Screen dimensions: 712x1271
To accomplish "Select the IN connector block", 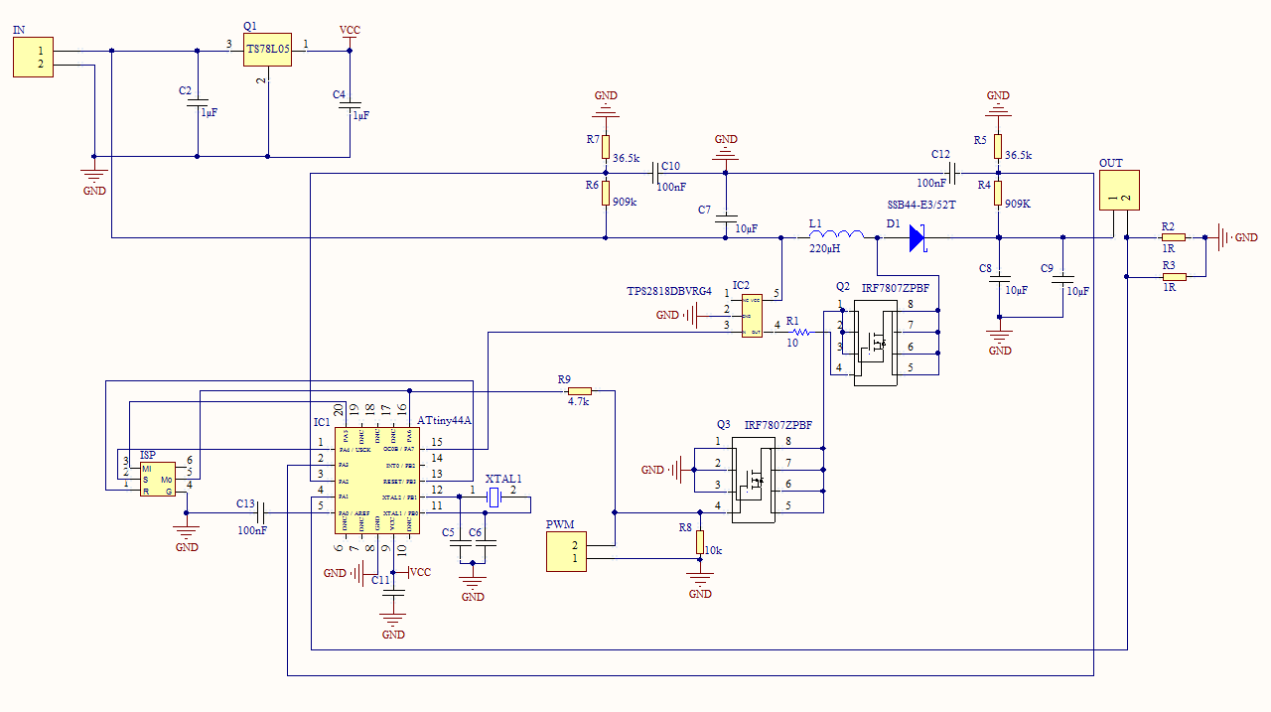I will (x=33, y=58).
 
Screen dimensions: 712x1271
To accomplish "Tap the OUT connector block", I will (x=1118, y=191).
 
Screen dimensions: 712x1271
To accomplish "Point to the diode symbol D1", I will (x=917, y=238).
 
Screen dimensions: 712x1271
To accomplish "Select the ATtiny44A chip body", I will (x=383, y=481).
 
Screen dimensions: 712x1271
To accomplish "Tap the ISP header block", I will (x=157, y=479).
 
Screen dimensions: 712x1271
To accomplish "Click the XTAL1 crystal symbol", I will (x=494, y=496).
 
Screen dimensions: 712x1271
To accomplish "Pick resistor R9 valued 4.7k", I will (x=579, y=391).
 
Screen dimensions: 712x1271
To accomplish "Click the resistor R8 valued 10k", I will (x=700, y=542).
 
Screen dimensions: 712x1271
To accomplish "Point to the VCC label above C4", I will (x=350, y=31).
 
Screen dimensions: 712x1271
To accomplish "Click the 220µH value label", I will (x=824, y=248).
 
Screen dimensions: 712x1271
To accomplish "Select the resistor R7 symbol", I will (x=605, y=146).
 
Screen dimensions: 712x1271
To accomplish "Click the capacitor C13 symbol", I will (x=261, y=512).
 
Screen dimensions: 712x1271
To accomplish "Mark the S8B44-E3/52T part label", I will (x=920, y=205).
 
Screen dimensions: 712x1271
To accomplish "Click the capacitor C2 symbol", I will (x=198, y=105).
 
